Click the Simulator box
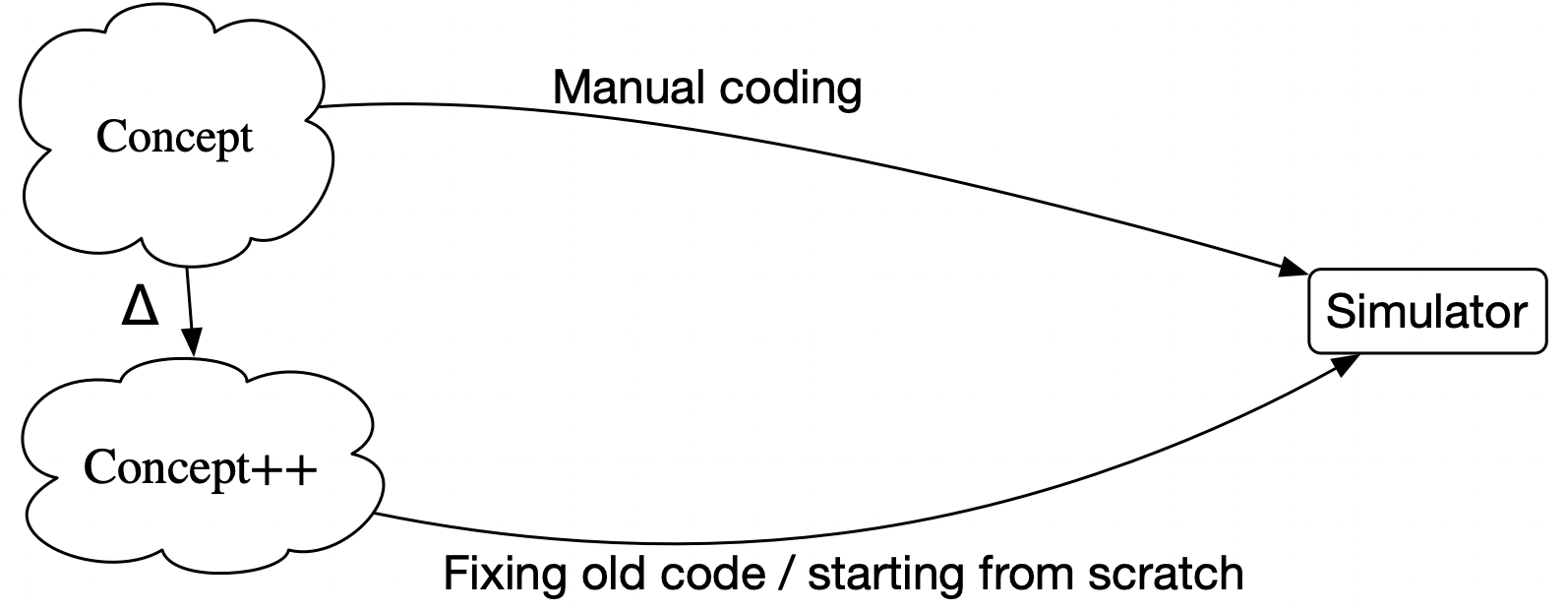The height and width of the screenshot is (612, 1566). point(1426,311)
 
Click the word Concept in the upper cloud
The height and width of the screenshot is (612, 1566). point(175,137)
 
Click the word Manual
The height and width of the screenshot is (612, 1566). point(629,88)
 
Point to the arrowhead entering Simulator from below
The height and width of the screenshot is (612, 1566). point(1348,362)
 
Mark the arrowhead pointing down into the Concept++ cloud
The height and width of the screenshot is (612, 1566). point(192,343)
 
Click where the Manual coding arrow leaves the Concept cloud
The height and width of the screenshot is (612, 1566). point(323,105)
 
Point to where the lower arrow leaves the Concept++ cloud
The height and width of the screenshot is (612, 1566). point(377,514)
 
